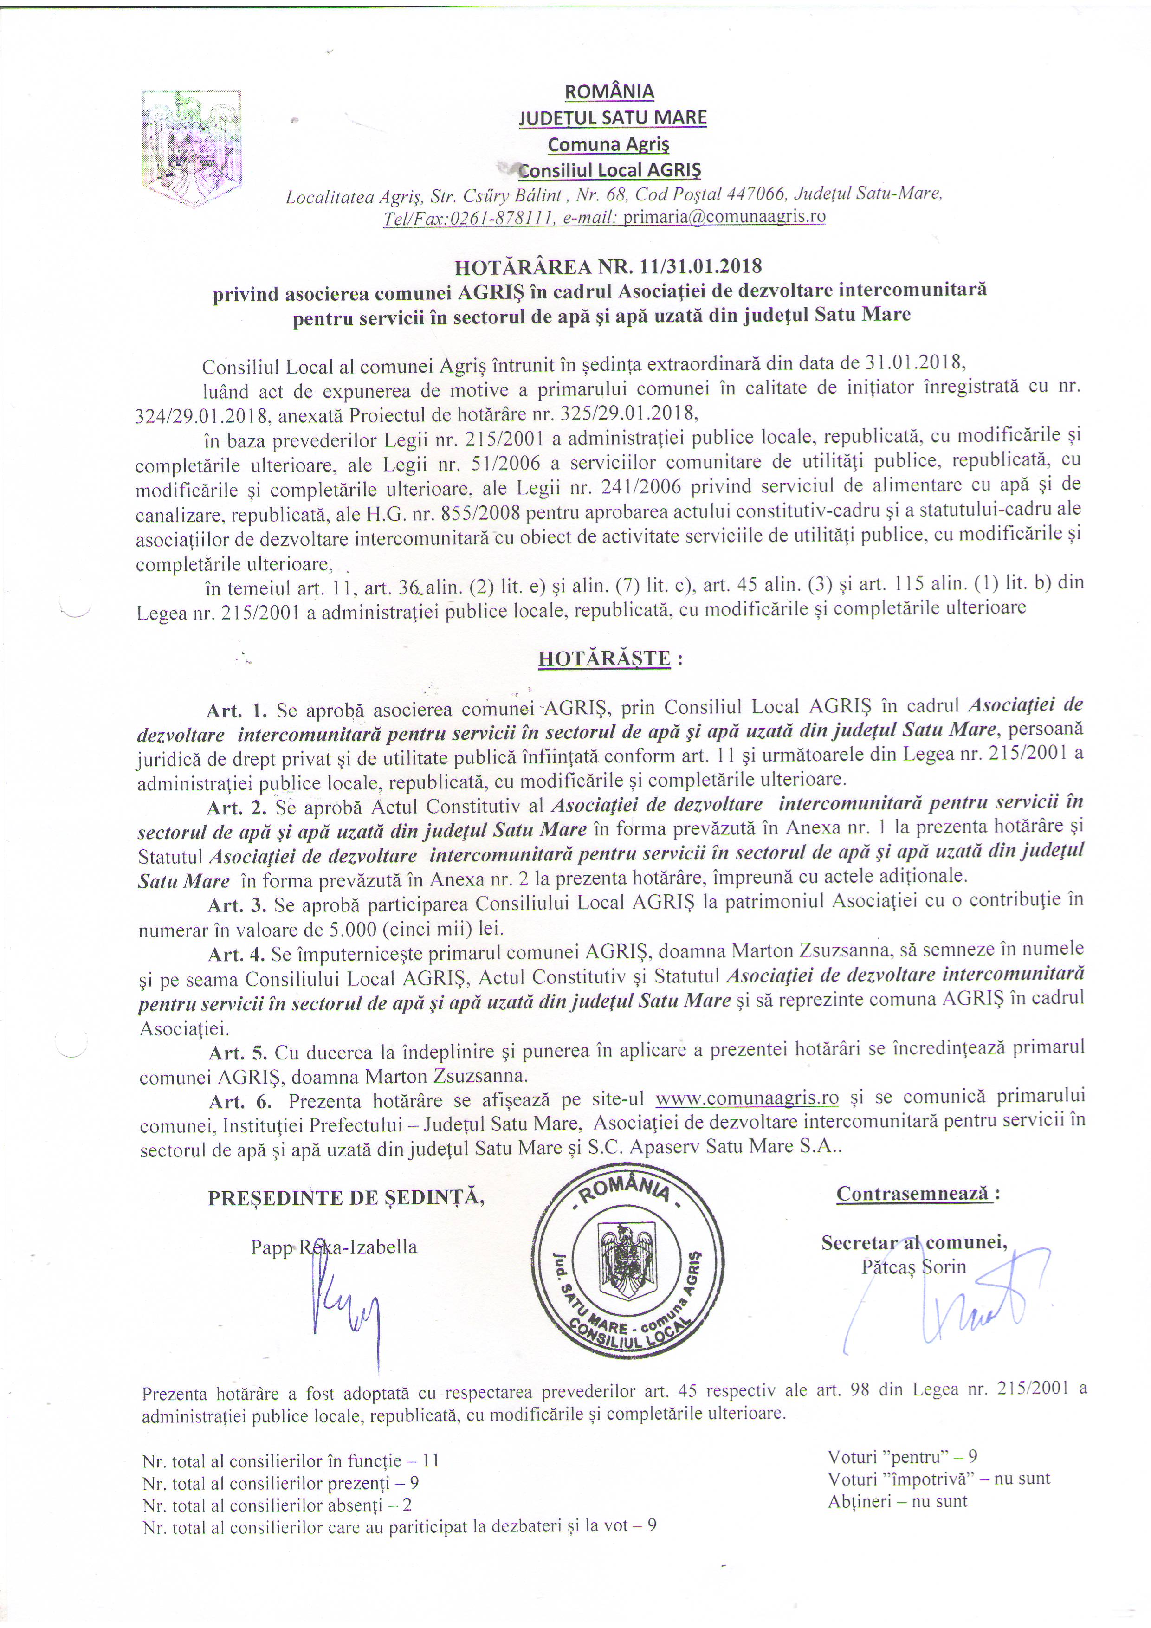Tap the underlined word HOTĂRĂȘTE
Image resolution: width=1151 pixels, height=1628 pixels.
604,659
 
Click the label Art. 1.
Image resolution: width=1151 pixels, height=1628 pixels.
237,710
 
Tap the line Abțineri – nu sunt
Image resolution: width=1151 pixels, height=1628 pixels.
897,1501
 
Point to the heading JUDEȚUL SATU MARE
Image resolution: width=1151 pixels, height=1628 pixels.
612,118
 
